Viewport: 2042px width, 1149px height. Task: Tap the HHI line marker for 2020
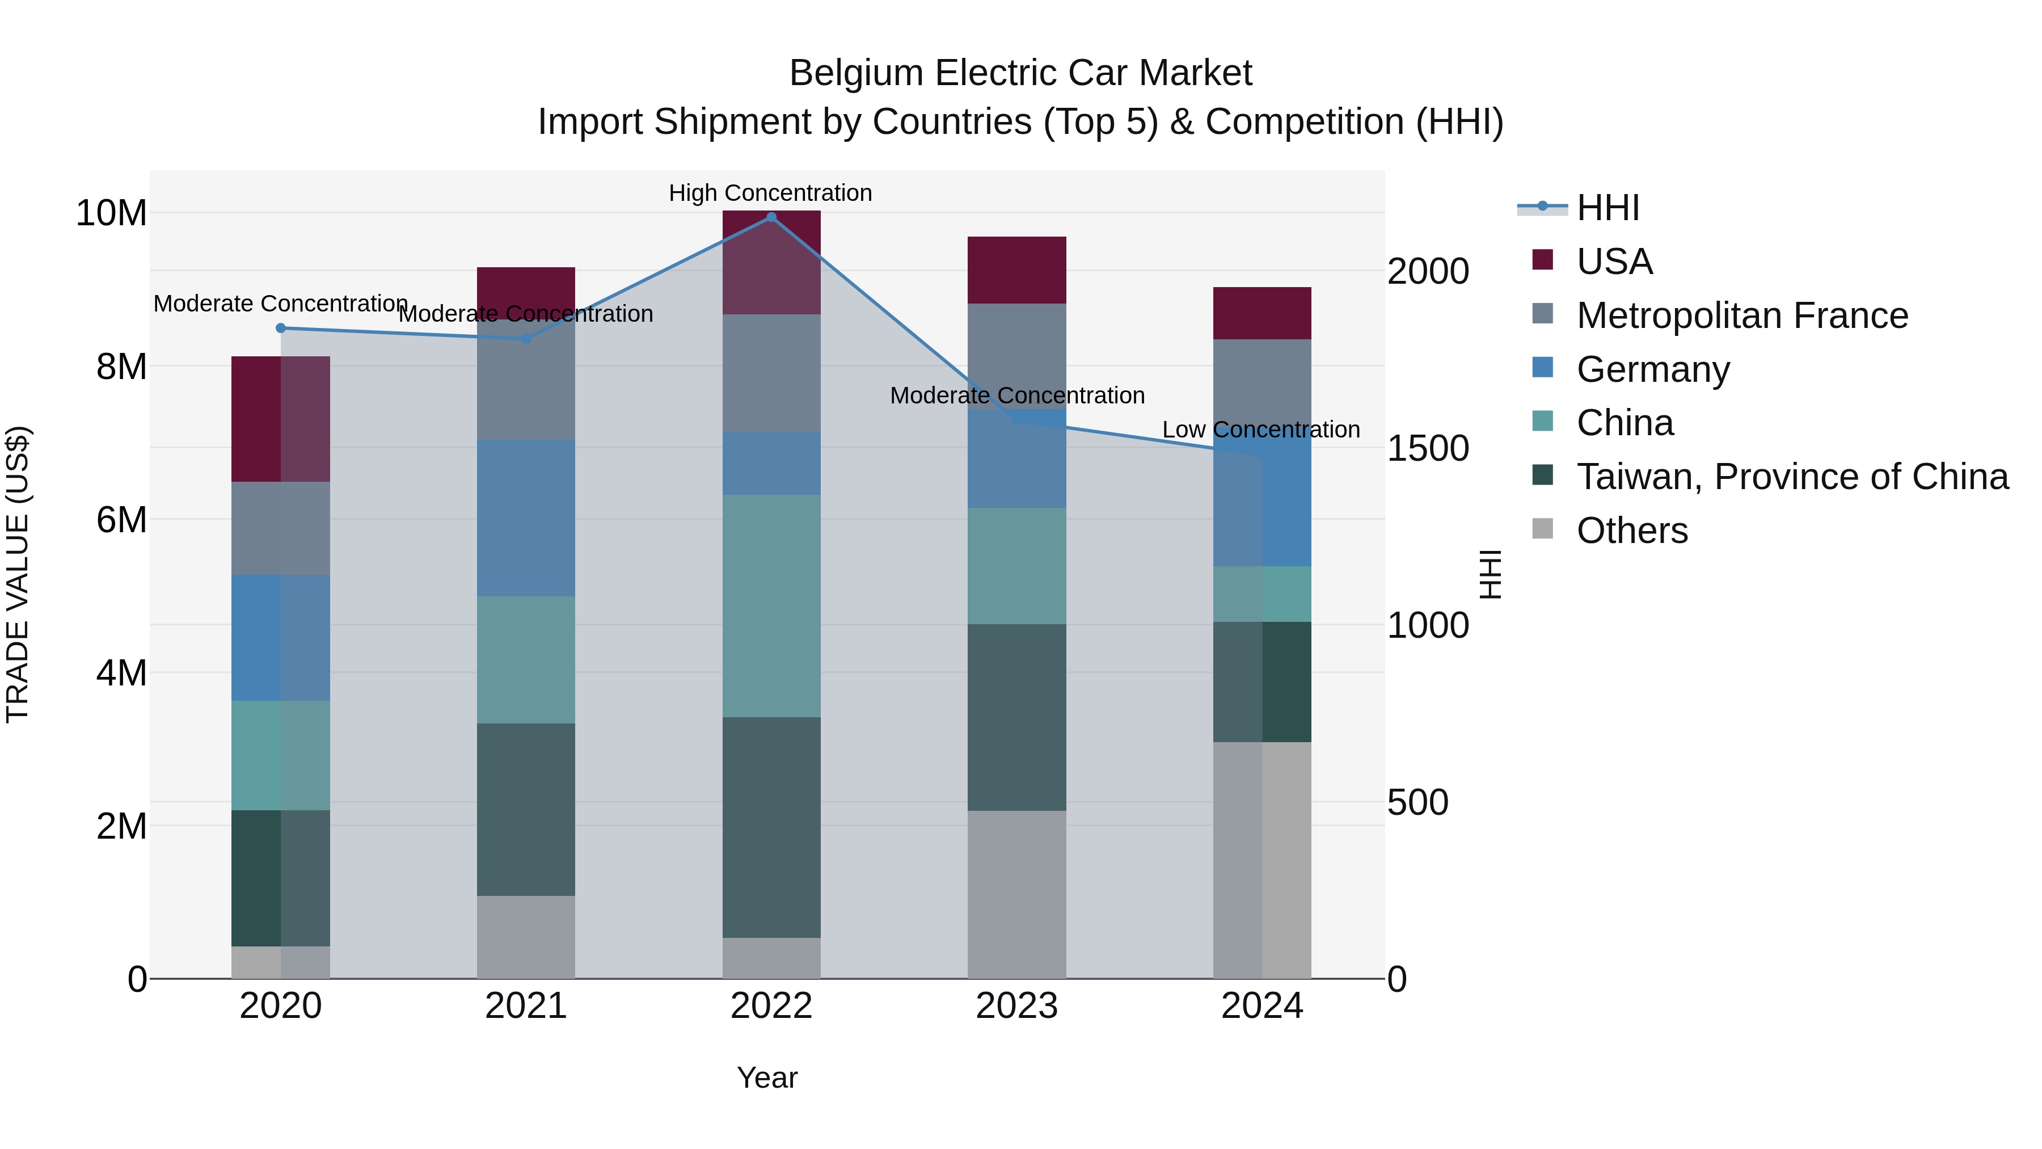[281, 329]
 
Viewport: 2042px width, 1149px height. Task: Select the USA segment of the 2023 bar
[1016, 270]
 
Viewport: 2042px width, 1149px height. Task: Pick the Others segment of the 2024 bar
[1262, 860]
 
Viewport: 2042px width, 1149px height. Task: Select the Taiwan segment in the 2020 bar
[281, 878]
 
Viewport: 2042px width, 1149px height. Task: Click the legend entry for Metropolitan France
[1741, 315]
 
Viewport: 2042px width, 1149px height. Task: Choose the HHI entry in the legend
[1607, 208]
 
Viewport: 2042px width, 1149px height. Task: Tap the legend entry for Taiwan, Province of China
[1791, 477]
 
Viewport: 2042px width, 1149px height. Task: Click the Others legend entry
[1631, 531]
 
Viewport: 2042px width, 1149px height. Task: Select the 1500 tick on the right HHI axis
[1428, 449]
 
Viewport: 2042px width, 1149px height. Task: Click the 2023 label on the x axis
[1016, 1006]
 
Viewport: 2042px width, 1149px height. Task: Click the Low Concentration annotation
[1260, 430]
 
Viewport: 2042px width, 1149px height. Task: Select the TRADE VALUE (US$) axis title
[18, 574]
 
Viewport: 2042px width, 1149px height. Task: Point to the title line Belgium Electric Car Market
[1020, 73]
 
